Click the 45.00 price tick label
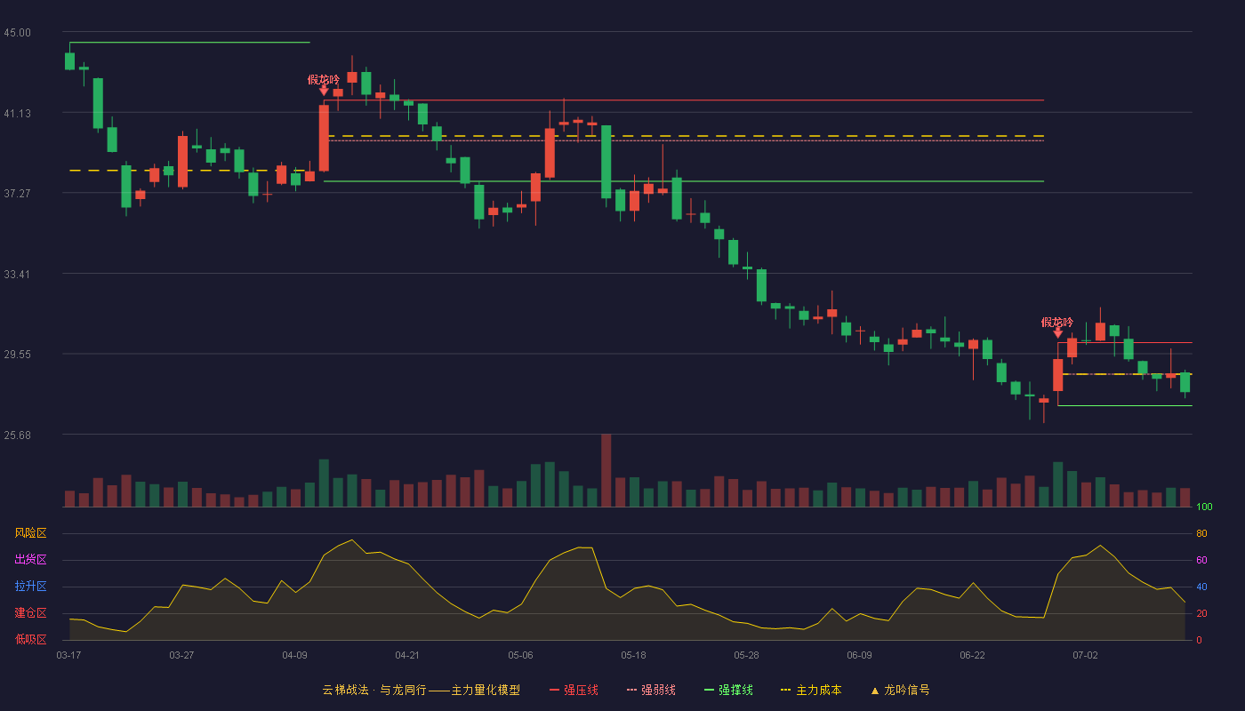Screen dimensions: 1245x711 coord(17,33)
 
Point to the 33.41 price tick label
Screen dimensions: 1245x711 coord(17,275)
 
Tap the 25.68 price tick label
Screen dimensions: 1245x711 coord(17,435)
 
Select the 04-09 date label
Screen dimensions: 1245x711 coord(294,656)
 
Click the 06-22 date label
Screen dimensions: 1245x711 coord(972,656)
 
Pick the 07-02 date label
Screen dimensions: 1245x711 coord(1085,656)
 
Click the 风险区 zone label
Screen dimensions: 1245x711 coord(30,533)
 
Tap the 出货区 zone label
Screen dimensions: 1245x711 coord(30,559)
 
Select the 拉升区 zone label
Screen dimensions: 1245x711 coord(30,586)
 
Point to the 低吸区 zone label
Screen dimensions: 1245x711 coord(30,639)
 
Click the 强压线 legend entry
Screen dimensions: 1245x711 coord(574,690)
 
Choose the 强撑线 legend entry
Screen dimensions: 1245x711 coord(728,690)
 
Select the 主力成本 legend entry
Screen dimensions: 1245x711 coord(811,690)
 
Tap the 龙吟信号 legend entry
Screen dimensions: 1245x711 coord(900,690)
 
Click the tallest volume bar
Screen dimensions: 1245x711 coord(606,470)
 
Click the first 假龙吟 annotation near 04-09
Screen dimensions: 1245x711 coord(324,80)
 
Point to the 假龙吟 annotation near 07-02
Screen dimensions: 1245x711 coord(1057,322)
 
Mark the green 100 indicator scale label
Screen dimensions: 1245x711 coord(1204,507)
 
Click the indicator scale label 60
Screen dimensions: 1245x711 coord(1201,560)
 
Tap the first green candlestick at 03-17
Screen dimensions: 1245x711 coord(69,61)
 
